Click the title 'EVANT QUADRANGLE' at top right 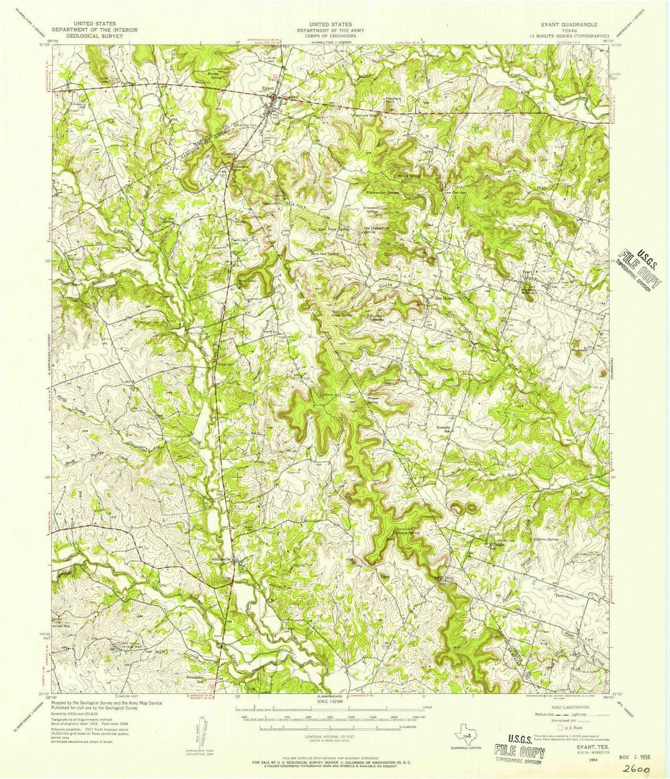[568, 24]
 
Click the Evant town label [267, 89]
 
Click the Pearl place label [527, 273]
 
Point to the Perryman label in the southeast [561, 594]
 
